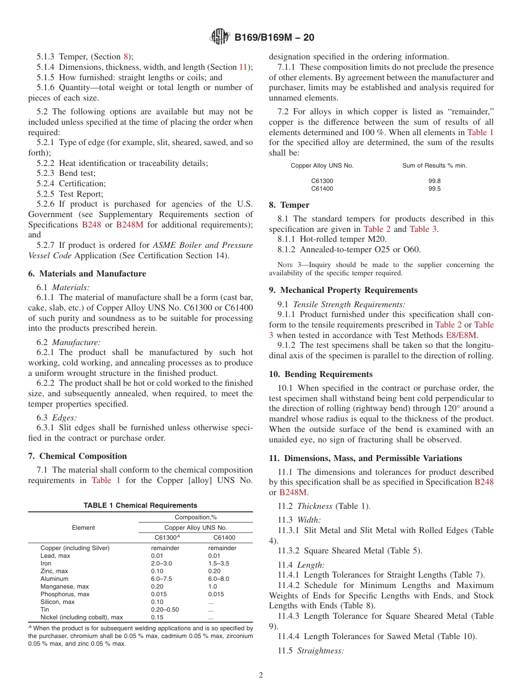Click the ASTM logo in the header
tap(220, 37)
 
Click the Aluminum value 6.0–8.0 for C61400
tap(219, 579)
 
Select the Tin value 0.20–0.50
tap(165, 609)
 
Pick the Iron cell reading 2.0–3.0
tap(162, 563)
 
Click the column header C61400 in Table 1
tap(224, 537)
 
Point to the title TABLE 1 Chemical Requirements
tap(140, 505)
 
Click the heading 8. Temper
tap(289, 205)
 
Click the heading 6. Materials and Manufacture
tap(87, 274)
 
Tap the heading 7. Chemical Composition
tap(77, 456)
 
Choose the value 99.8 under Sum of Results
tap(434, 180)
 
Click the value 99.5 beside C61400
tap(434, 188)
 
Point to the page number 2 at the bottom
tap(261, 675)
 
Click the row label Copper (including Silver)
tap(75, 548)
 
